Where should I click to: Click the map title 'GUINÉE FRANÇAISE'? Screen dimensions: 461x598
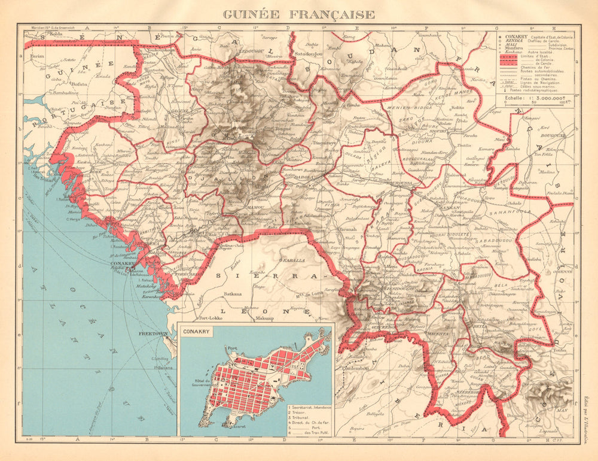[x=299, y=14]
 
